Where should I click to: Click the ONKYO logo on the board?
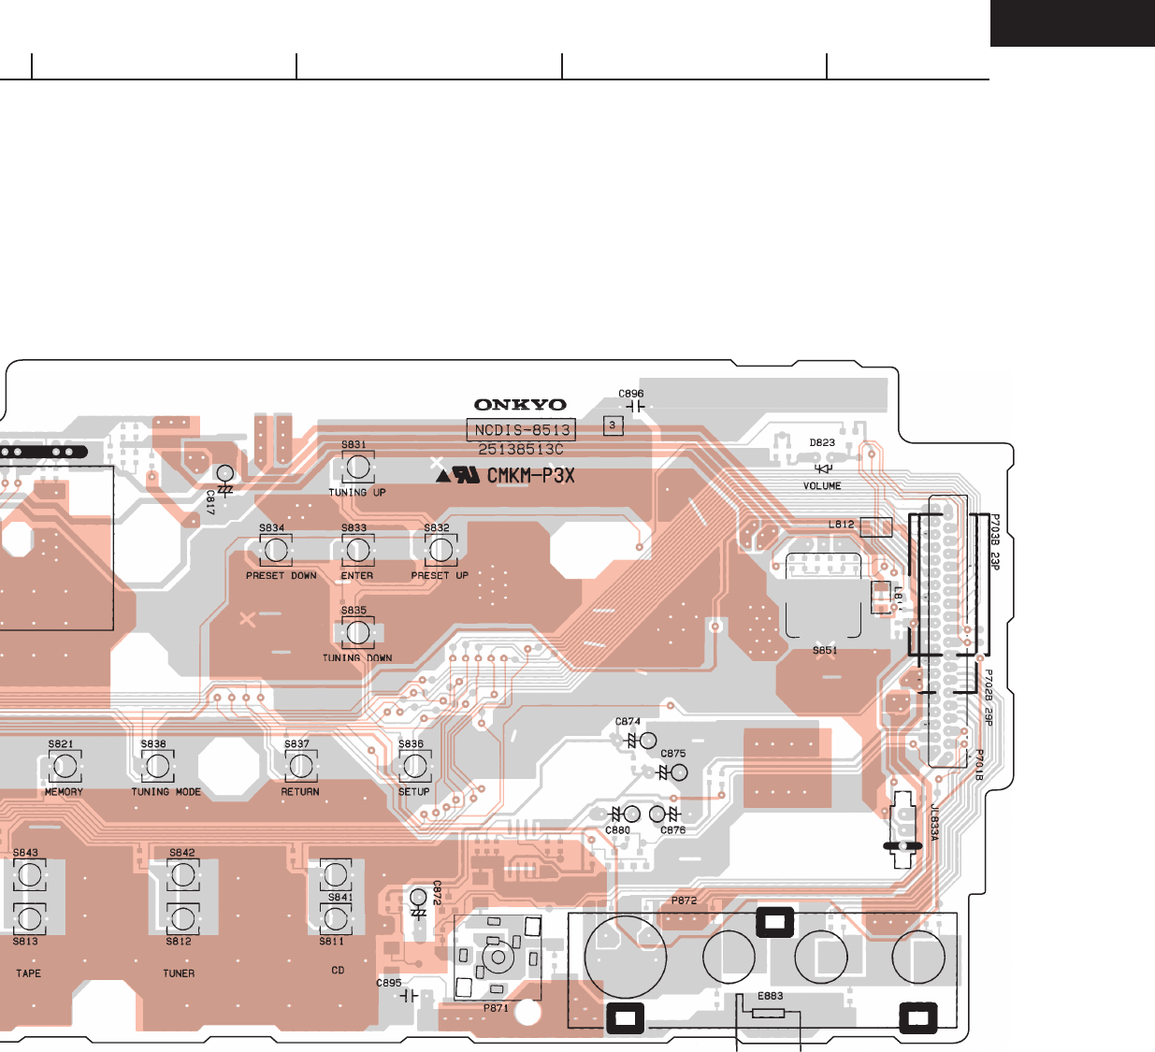[520, 405]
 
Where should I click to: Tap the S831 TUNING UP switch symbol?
[357, 467]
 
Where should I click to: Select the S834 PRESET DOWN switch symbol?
[276, 550]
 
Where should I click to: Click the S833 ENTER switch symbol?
[357, 550]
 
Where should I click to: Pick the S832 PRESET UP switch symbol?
[440, 550]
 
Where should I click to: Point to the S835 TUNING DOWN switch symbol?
[357, 633]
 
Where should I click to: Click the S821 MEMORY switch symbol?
[64, 767]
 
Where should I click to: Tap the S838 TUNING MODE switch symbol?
[157, 767]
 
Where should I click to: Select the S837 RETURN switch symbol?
[300, 767]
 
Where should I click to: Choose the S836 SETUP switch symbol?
[414, 767]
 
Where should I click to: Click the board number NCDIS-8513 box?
[521, 430]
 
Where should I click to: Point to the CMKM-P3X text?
[530, 476]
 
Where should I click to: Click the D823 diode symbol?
[823, 468]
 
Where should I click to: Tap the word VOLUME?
[822, 486]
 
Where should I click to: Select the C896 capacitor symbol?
[634, 408]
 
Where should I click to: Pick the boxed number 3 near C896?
[613, 425]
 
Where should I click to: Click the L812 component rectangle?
[875, 526]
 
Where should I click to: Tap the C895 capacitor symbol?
[409, 997]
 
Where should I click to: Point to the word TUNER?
[179, 973]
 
